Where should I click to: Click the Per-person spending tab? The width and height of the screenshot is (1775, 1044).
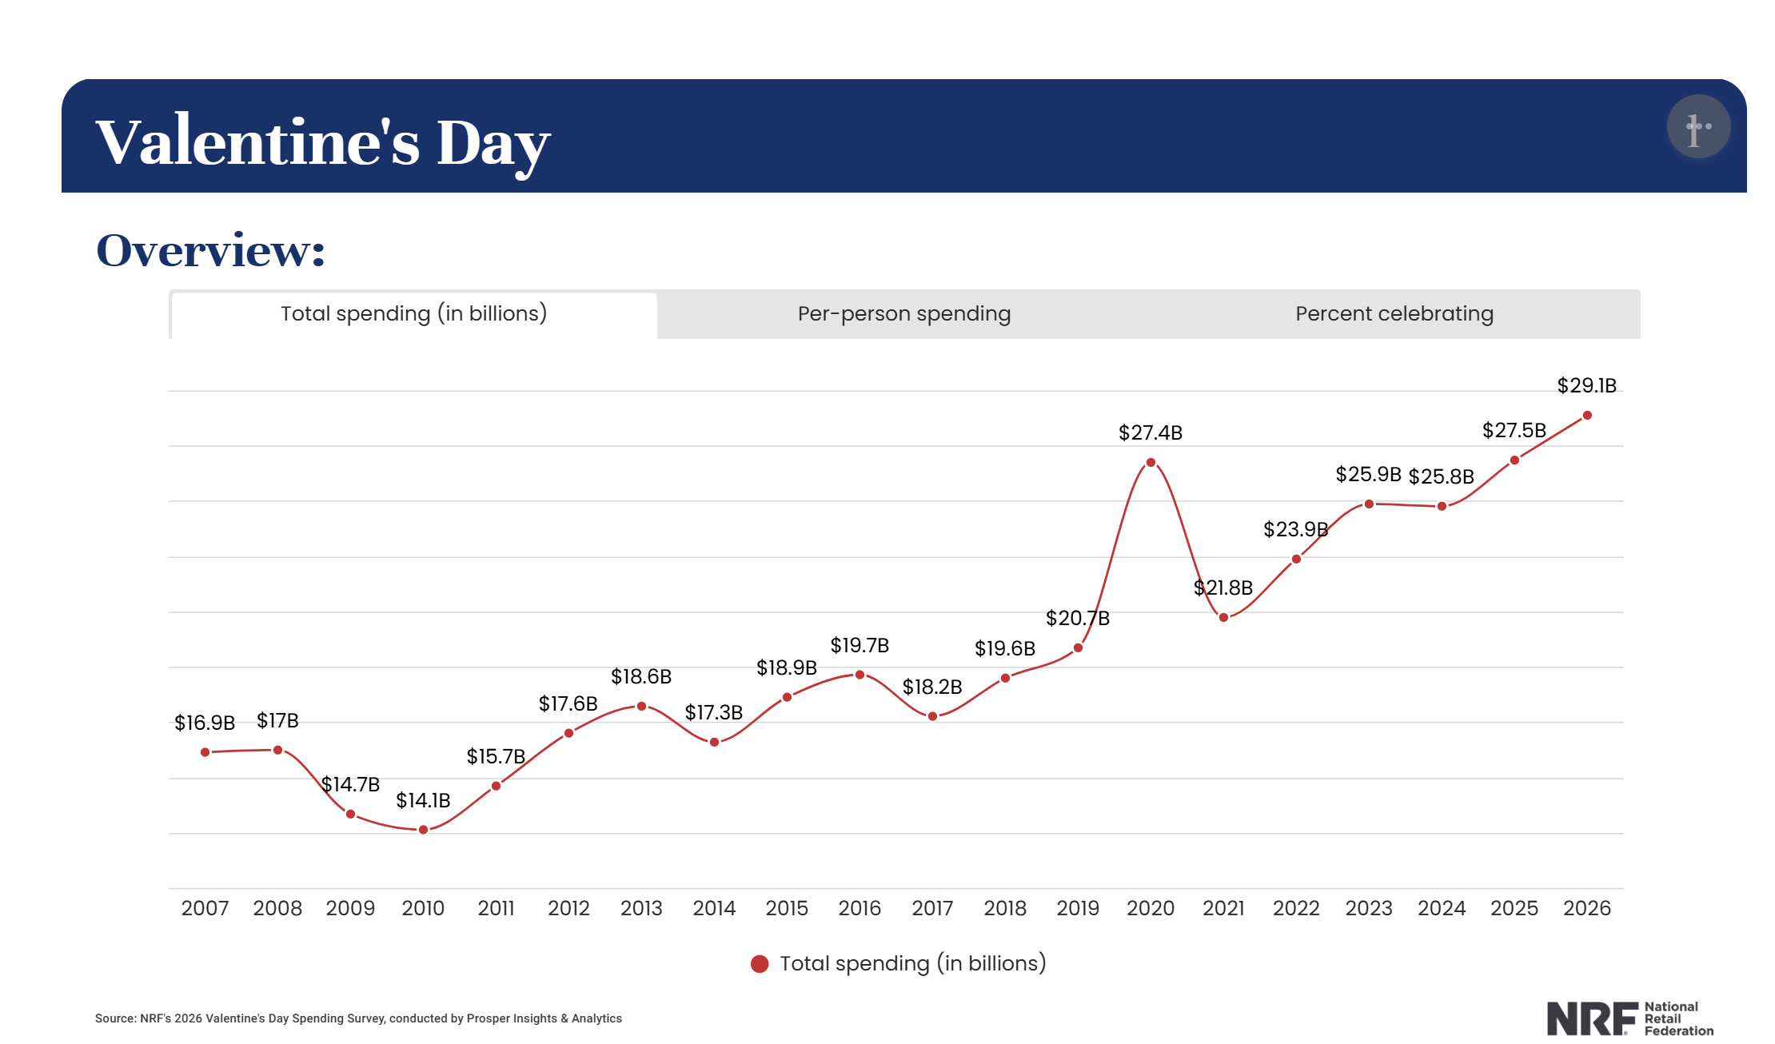point(903,314)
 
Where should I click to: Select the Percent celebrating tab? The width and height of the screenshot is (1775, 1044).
point(1394,314)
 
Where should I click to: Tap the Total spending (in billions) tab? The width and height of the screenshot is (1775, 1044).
point(413,314)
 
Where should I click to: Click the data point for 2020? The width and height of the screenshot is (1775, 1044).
point(1151,463)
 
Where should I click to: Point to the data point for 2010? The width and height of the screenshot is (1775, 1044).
point(423,830)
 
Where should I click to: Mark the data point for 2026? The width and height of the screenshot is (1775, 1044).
point(1587,416)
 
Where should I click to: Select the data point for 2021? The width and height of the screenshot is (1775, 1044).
point(1223,617)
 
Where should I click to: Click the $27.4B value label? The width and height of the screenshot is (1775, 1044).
point(1150,433)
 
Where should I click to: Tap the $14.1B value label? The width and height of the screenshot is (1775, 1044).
point(423,800)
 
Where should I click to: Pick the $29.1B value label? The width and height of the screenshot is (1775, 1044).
point(1586,386)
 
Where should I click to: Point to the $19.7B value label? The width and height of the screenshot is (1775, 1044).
point(860,645)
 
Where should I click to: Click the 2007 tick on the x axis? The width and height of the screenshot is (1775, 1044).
point(205,908)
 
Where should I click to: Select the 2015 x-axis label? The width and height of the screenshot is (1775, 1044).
point(787,908)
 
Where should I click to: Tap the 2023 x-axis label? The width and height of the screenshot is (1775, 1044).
point(1369,908)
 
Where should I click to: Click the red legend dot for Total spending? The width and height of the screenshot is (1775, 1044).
point(760,964)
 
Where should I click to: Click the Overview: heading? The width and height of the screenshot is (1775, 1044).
point(211,250)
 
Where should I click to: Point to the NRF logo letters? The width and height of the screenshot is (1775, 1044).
point(1591,1018)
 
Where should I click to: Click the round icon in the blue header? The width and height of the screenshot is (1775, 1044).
point(1698,126)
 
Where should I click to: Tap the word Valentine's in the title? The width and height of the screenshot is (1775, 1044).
point(257,142)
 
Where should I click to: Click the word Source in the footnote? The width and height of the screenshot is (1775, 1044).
point(114,1018)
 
